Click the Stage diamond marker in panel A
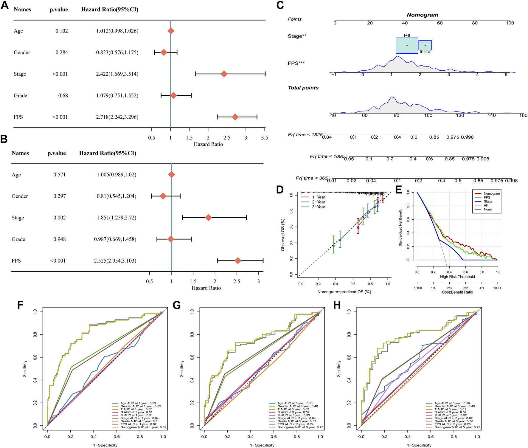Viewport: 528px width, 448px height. [224, 74]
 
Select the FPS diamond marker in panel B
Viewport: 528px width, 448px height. [238, 261]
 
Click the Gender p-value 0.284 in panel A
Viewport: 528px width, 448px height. [62, 52]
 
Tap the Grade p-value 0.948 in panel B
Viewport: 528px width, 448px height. [60, 239]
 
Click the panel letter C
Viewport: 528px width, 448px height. [280, 5]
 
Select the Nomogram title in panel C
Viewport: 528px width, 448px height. [422, 15]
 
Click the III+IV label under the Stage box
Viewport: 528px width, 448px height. [425, 52]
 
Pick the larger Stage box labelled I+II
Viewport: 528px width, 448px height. [407, 45]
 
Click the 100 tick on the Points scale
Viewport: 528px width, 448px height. [510, 23]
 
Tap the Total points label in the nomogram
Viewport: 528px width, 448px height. [303, 88]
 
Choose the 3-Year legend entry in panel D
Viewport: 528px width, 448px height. [319, 207]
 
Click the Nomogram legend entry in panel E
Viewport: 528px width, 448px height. [492, 194]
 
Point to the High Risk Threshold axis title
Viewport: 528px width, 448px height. [457, 277]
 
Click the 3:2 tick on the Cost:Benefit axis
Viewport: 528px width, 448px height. [465, 288]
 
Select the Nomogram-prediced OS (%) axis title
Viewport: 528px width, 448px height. [344, 292]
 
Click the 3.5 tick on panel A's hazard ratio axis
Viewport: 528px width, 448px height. [264, 138]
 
